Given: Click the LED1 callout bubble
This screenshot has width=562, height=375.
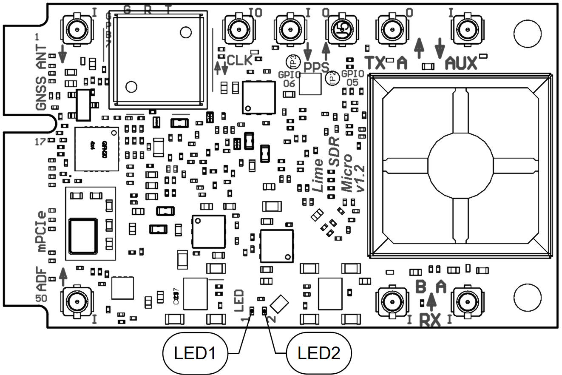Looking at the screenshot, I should [195, 353].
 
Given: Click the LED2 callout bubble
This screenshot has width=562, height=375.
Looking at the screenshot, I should [319, 353].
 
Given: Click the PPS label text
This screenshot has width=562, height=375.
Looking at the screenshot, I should [316, 67].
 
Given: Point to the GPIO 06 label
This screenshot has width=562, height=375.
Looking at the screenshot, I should [290, 78].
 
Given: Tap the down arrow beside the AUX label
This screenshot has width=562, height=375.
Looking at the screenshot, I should [440, 47].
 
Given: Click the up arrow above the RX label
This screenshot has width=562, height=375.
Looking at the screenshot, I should [431, 301].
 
